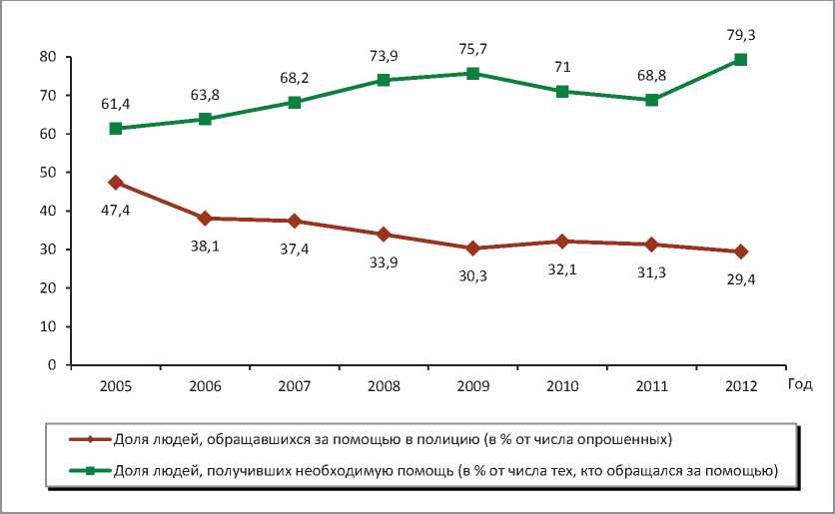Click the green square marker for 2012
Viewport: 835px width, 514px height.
point(740,60)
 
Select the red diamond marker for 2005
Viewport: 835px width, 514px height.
point(116,183)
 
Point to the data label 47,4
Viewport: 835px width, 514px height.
point(116,209)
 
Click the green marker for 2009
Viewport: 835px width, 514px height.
point(472,73)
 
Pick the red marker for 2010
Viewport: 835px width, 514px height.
point(562,242)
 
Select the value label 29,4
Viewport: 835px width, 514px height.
point(740,280)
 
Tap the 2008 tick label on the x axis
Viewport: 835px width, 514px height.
point(383,384)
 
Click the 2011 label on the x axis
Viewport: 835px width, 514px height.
point(651,384)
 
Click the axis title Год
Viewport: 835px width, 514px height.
point(799,384)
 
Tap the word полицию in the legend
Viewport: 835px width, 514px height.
point(445,438)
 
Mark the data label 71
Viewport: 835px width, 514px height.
point(562,68)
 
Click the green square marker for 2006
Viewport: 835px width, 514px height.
point(205,119)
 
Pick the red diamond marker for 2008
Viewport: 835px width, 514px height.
point(383,235)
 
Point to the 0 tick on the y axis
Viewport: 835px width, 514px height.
point(50,365)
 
